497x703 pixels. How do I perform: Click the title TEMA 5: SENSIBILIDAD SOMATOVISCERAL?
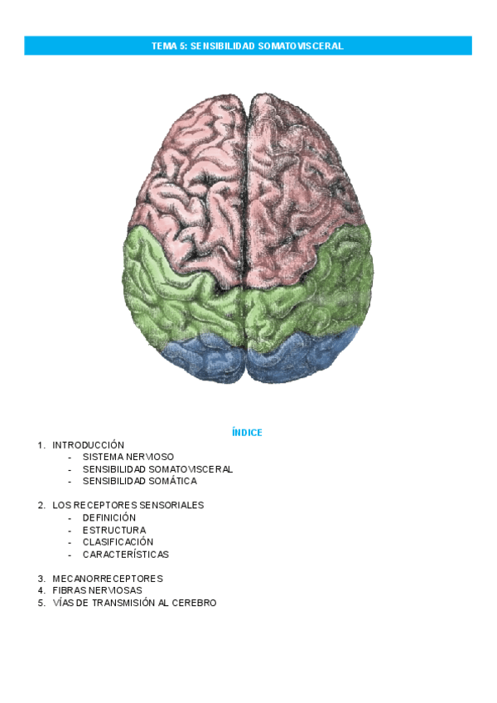coord(248,46)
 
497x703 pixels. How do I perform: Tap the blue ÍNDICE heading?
coord(248,432)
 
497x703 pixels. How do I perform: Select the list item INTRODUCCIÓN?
coord(88,445)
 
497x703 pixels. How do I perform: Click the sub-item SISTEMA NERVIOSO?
coord(128,457)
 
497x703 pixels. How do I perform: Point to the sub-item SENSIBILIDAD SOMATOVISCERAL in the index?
coord(157,468)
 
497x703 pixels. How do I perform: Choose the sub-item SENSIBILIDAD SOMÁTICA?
coord(139,481)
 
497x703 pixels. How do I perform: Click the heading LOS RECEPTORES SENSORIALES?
coord(128,505)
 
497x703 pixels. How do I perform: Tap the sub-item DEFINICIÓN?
coord(109,517)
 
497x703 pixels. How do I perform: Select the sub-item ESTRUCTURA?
coord(114,530)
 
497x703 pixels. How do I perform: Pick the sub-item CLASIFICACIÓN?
coord(118,542)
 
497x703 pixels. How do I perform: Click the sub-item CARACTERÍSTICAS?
coord(125,554)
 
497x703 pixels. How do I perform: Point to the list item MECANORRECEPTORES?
coord(108,579)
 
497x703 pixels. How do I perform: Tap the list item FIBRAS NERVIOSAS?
coord(97,590)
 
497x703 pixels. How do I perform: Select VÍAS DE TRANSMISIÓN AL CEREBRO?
coord(134,603)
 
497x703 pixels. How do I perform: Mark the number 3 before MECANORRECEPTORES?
coord(40,579)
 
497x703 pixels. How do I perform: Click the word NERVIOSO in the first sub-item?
coord(151,457)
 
